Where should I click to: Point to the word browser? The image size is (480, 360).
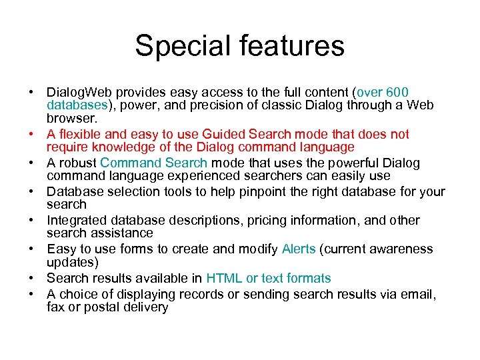(72, 118)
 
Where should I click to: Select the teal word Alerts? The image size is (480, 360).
(299, 249)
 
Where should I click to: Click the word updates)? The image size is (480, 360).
(73, 262)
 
